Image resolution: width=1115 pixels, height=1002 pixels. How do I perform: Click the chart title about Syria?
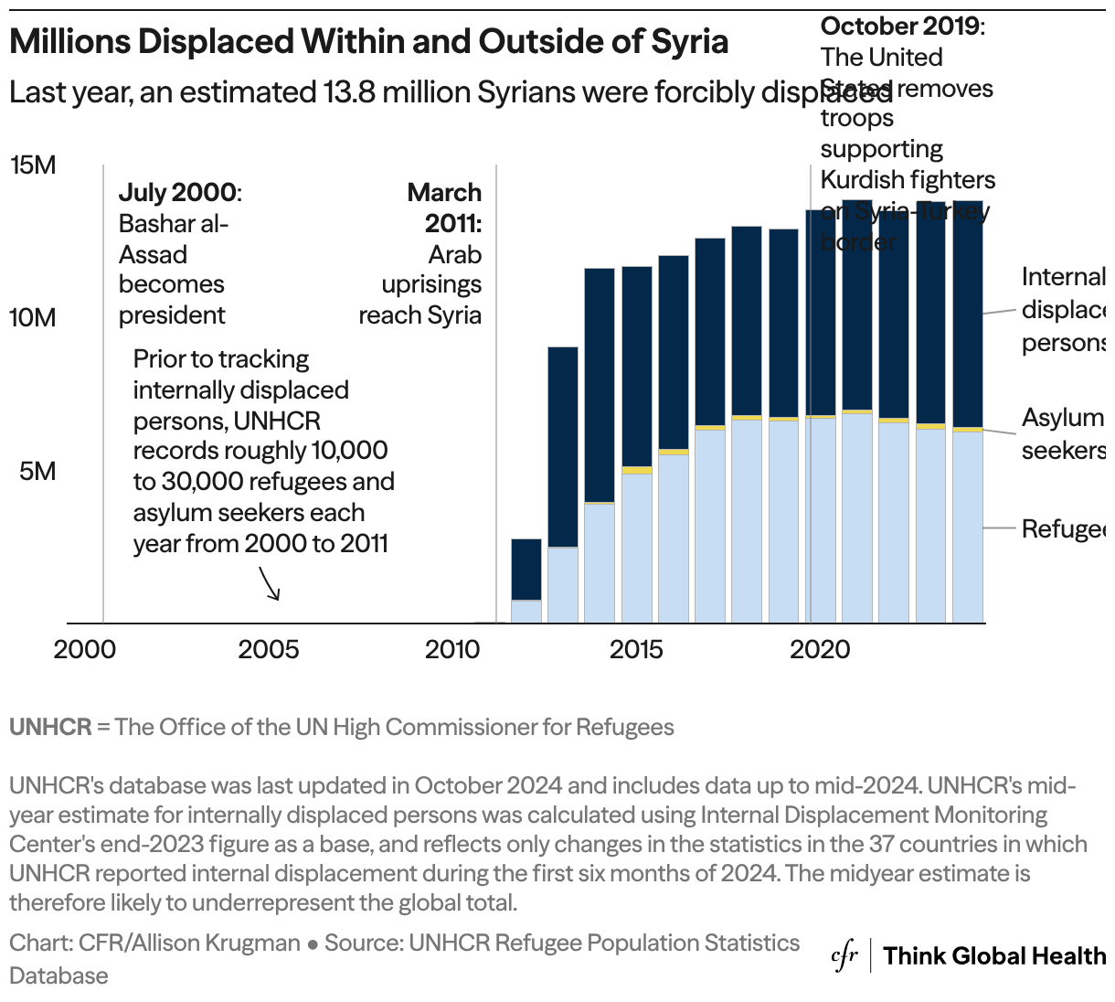pos(369,42)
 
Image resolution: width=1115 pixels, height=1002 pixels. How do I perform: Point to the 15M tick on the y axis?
pos(33,165)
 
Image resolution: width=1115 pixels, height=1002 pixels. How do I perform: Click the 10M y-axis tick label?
pos(33,318)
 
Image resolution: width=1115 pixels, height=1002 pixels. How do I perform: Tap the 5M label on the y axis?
pos(37,471)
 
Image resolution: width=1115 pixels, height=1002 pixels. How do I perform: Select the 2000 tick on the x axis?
pos(84,650)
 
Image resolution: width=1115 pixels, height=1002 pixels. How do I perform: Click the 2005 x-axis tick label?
pos(269,650)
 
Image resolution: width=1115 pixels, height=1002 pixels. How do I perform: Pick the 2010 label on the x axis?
pos(452,650)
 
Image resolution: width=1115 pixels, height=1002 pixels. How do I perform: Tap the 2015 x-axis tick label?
pos(636,650)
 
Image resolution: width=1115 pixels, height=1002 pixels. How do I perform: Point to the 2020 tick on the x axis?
pos(820,650)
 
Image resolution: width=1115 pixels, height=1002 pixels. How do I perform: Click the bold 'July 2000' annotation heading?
pos(177,193)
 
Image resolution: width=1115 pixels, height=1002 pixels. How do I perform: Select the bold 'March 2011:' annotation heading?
pos(444,208)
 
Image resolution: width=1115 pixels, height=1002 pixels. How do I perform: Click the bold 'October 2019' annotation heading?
pos(900,27)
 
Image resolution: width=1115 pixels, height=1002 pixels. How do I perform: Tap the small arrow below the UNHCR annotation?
pos(270,583)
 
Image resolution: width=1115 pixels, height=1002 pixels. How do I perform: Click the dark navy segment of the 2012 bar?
pos(526,569)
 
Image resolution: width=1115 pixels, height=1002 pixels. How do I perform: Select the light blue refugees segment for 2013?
pos(563,585)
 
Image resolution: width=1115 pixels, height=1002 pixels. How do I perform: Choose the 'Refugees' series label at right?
pos(1063,529)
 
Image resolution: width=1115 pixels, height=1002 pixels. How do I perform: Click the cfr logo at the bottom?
pos(844,956)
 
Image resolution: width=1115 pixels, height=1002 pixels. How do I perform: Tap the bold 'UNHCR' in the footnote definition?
pos(50,728)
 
